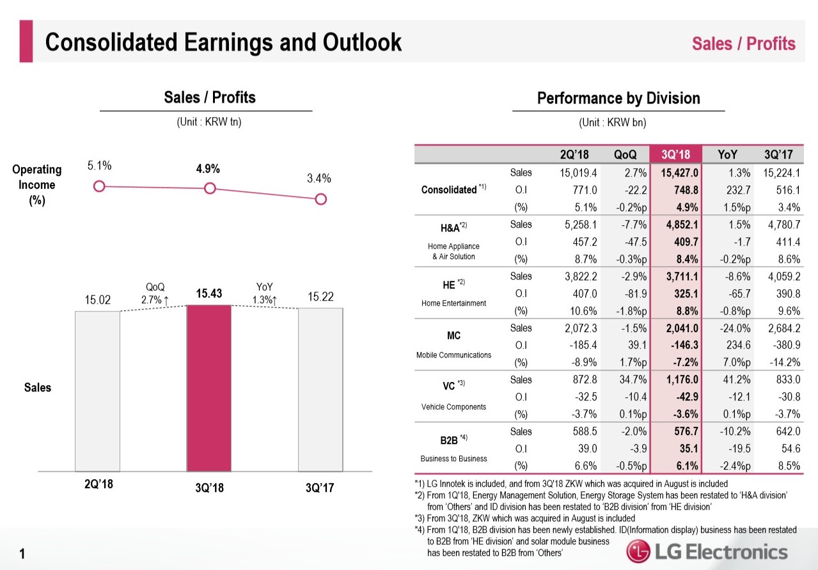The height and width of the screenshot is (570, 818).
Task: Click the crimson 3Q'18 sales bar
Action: tap(208, 388)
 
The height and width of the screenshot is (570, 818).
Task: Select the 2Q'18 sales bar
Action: tap(97, 391)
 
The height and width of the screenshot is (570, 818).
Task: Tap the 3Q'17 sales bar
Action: tap(320, 389)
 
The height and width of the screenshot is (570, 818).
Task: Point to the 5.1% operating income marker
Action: tap(98, 186)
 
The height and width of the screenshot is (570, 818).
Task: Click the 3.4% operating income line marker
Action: tap(321, 199)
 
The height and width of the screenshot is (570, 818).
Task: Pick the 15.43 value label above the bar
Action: tap(208, 293)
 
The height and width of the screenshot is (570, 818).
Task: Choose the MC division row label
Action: tap(454, 335)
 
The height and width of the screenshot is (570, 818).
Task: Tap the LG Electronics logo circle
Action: tap(640, 551)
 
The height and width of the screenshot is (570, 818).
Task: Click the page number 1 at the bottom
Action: tap(23, 555)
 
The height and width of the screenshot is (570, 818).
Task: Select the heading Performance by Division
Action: tap(618, 98)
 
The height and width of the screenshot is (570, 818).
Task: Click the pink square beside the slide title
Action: tap(26, 42)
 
